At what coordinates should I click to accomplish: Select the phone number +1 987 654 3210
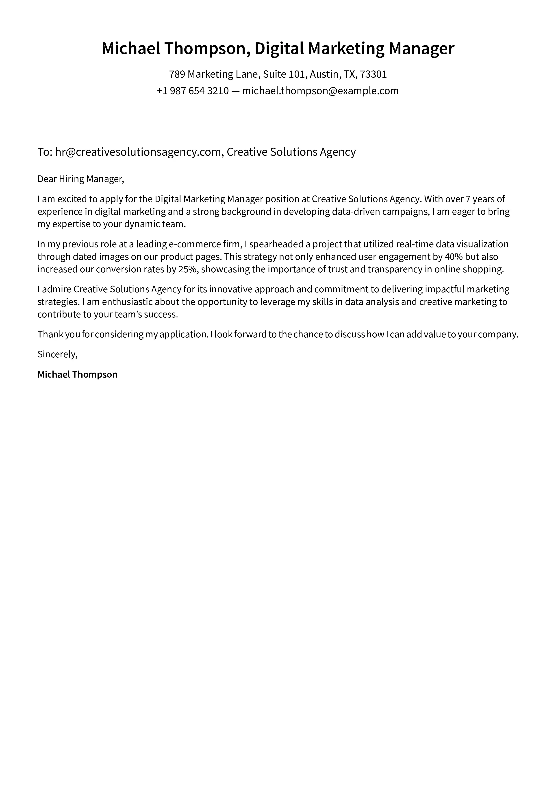tap(193, 91)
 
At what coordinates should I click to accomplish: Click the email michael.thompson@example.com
tap(320, 91)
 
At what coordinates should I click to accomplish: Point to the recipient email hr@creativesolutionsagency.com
tap(138, 152)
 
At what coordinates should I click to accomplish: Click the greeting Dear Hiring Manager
tap(80, 179)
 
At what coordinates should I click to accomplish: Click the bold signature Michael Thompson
tap(77, 374)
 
